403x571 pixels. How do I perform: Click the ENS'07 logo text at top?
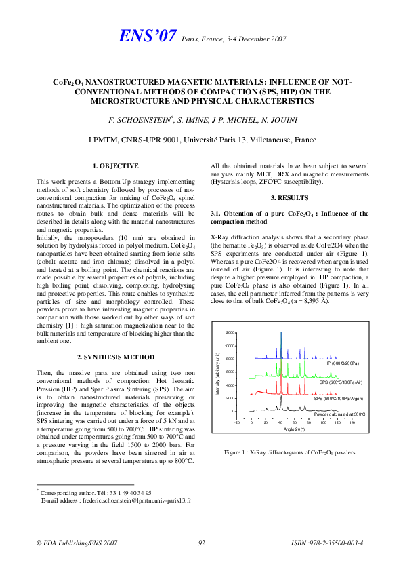pyautogui.click(x=148, y=37)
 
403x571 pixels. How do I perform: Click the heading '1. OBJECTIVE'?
pyautogui.click(x=115, y=166)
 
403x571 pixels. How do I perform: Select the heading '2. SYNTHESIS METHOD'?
pyautogui.click(x=115, y=357)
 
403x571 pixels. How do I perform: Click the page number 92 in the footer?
pyautogui.click(x=202, y=543)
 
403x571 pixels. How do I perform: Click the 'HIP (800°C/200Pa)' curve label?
pyautogui.click(x=342, y=363)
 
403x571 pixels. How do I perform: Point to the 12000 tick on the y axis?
pyautogui.click(x=230, y=333)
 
